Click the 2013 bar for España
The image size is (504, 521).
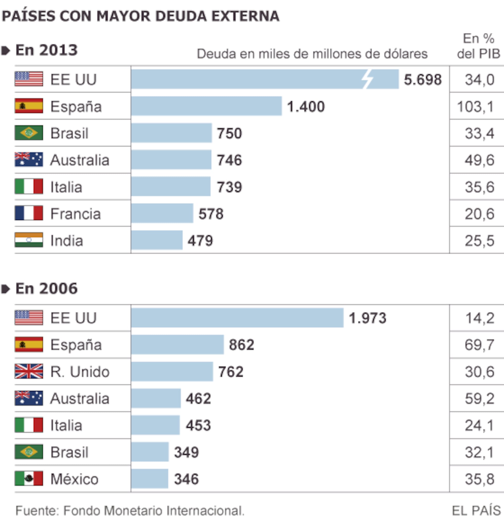(206, 106)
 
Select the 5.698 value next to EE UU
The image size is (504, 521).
(423, 79)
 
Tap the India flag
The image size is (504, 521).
(29, 240)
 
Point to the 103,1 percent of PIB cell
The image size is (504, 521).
(475, 107)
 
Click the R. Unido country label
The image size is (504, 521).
(80, 371)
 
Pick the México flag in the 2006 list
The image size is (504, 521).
(29, 479)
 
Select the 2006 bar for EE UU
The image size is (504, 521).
(237, 318)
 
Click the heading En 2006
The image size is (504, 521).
(47, 288)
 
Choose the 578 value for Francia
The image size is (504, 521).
(211, 214)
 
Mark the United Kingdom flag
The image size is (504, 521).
(29, 371)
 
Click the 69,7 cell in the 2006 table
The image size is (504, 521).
(480, 345)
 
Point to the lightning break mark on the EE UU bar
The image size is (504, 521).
(367, 79)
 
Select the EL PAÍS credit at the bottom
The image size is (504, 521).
(476, 510)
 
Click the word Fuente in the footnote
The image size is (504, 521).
(37, 510)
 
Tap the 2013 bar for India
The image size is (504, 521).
(157, 240)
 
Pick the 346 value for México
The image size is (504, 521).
(186, 479)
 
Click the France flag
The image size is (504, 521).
(29, 213)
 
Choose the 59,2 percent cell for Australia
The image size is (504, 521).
(480, 398)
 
